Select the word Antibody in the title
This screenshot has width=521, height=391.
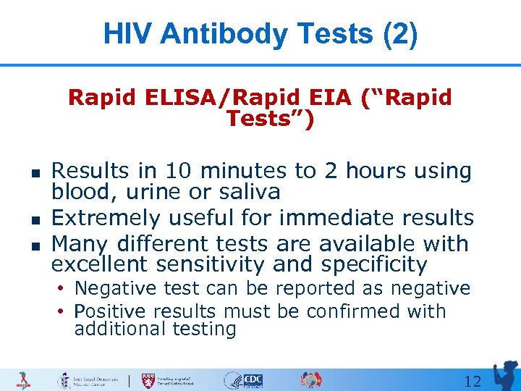[213, 34]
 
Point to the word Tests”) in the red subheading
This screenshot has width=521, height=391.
[270, 119]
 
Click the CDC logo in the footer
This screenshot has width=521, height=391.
[253, 380]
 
